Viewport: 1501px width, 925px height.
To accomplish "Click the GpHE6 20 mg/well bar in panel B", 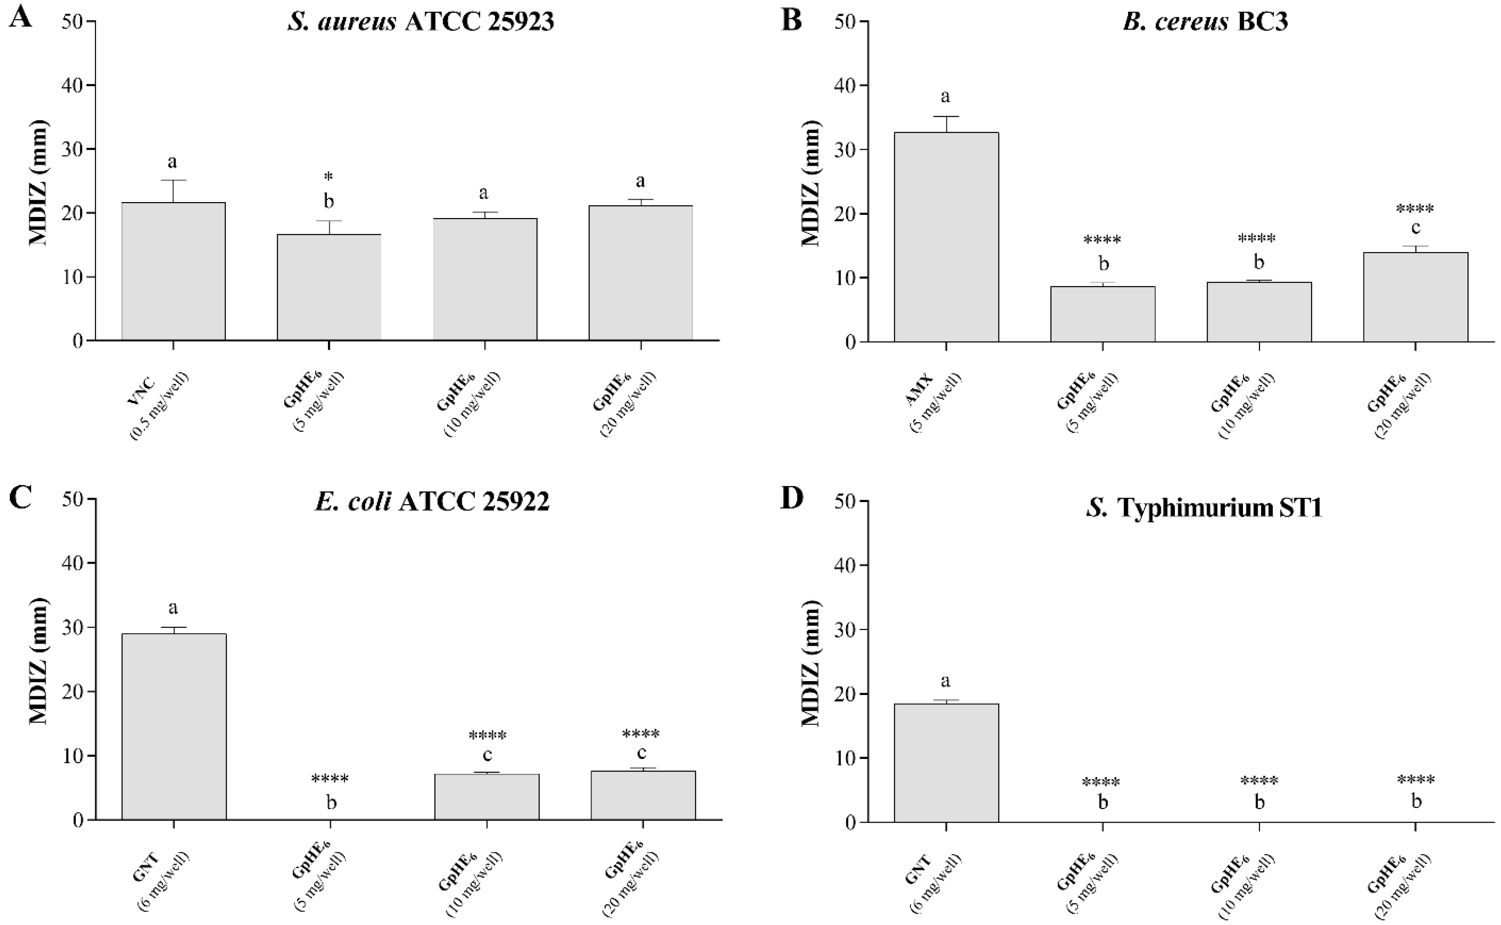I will [1415, 297].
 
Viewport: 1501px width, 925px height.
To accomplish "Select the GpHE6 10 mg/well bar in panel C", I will [486, 797].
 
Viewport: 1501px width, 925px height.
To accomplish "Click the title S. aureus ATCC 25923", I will [421, 22].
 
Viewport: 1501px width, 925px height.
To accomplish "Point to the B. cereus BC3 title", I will [1205, 22].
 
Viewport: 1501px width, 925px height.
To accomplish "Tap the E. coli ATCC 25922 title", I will [432, 502].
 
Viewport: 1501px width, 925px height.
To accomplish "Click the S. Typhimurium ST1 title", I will [1204, 508].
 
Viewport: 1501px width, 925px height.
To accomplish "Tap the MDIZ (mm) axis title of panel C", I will [38, 661].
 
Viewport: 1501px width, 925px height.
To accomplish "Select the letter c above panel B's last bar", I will [1415, 227].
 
